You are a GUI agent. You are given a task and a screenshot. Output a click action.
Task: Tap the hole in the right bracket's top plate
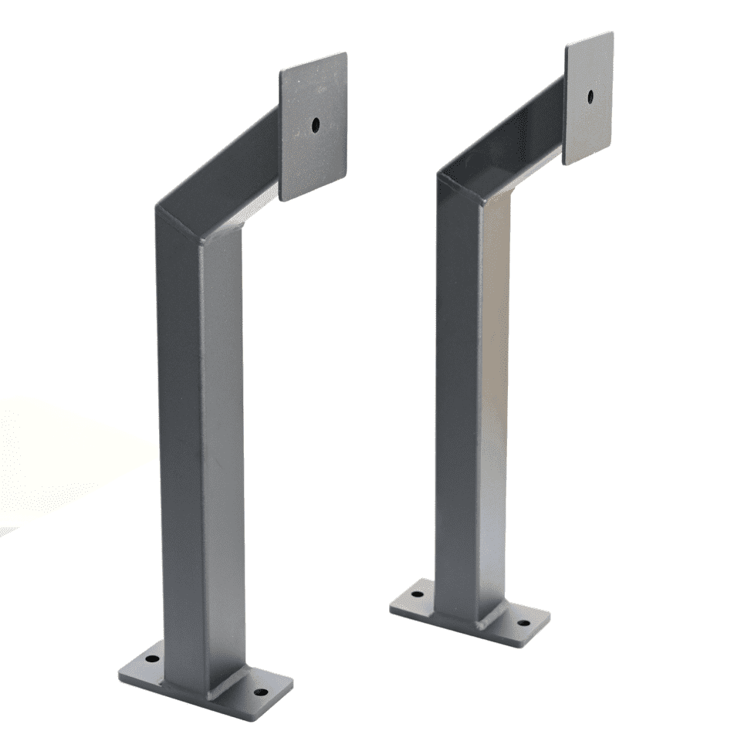click(590, 96)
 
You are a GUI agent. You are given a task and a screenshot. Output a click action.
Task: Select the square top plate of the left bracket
click(313, 154)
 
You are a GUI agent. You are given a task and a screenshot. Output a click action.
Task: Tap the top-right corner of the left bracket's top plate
click(345, 54)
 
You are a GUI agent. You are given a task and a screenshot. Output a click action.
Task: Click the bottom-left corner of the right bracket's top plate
click(564, 164)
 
